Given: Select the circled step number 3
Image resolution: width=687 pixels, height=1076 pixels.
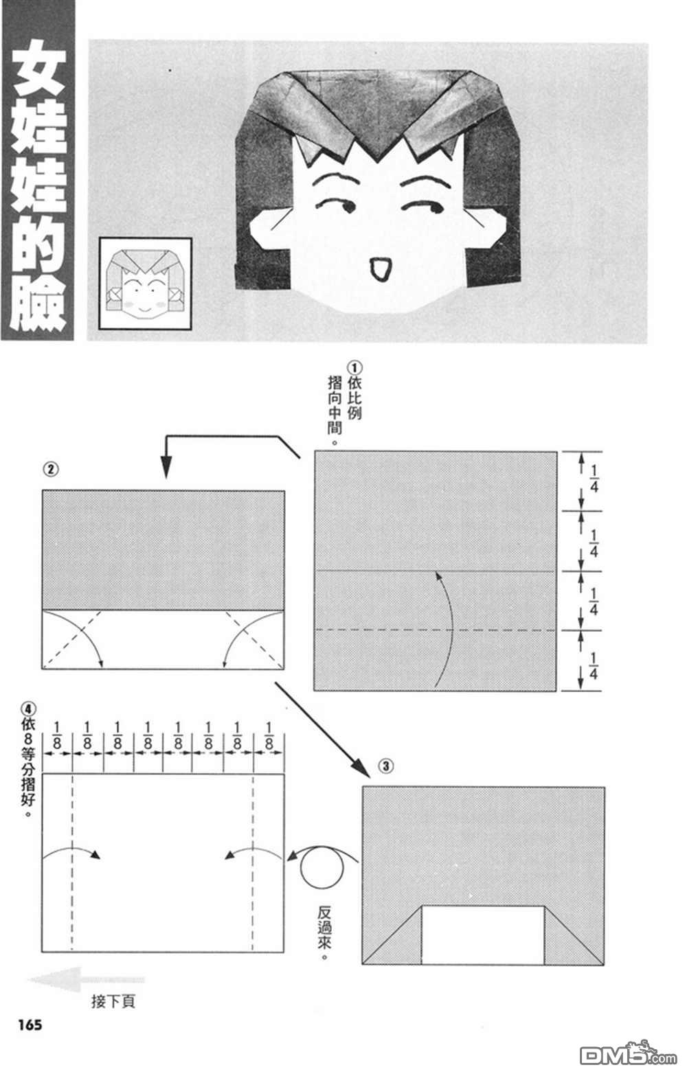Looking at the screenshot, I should [x=386, y=766].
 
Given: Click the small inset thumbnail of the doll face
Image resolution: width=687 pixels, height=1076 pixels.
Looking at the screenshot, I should [x=145, y=284].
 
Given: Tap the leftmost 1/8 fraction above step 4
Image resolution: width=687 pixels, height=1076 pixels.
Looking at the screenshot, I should [x=58, y=736].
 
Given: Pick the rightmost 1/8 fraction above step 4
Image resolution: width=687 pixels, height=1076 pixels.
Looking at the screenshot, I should [x=269, y=736].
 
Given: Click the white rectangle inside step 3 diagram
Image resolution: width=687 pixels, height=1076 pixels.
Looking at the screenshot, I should [x=482, y=935].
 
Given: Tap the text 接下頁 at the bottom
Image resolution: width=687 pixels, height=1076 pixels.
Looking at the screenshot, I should [x=113, y=1001].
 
